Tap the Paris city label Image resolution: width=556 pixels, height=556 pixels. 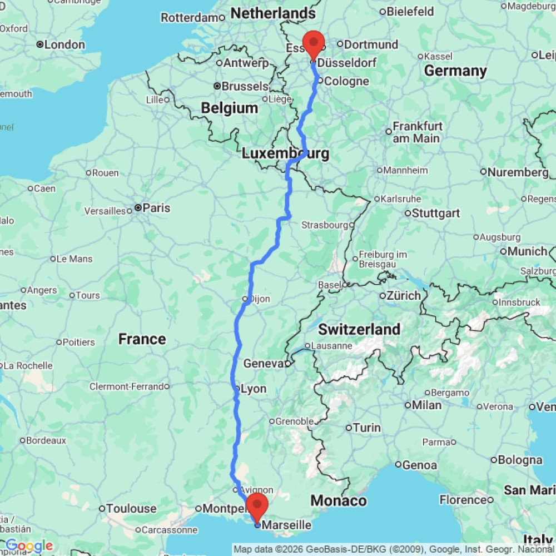point(156,208)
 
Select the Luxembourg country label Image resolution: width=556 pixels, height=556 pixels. point(285,153)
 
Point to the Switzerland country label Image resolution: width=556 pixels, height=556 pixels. point(359,329)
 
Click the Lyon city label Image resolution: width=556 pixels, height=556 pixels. point(253,389)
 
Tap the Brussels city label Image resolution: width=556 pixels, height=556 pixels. point(245,86)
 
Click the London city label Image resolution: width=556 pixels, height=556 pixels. point(64,44)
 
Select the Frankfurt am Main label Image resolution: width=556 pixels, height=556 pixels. point(418,132)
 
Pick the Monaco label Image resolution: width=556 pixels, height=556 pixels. point(338,500)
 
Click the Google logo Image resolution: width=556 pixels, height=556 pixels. point(29,546)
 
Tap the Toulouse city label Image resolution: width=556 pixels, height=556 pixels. point(132,508)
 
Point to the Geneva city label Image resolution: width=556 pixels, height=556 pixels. point(264,364)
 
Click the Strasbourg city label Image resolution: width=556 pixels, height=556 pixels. point(324,225)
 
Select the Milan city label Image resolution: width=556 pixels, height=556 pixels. point(426,405)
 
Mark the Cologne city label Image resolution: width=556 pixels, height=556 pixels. point(346,81)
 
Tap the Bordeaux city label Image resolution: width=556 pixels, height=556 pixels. point(46,440)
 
